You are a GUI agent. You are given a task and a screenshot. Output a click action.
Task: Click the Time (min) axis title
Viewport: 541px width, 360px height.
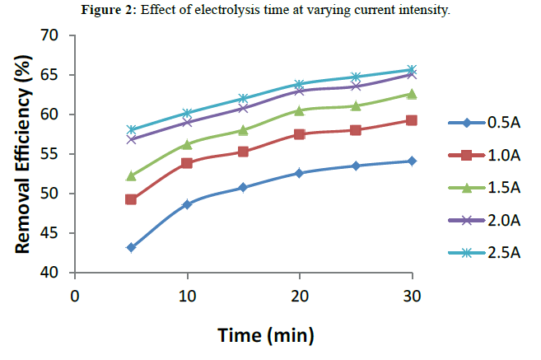point(266,335)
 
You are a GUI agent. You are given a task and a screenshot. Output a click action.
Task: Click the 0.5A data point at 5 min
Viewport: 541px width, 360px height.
point(131,247)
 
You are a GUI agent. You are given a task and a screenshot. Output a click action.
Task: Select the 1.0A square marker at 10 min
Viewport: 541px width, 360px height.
point(187,163)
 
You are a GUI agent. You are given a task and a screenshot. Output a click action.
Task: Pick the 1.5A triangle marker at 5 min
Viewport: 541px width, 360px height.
point(131,175)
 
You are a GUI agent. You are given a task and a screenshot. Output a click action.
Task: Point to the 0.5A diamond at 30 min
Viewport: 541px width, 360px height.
point(412,161)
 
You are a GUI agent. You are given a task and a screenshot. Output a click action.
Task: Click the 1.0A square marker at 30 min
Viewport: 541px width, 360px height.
point(412,120)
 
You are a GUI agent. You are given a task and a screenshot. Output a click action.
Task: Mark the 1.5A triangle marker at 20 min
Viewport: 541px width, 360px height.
point(299,110)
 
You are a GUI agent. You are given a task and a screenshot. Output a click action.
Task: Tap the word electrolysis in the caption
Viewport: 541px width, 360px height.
point(282,9)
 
